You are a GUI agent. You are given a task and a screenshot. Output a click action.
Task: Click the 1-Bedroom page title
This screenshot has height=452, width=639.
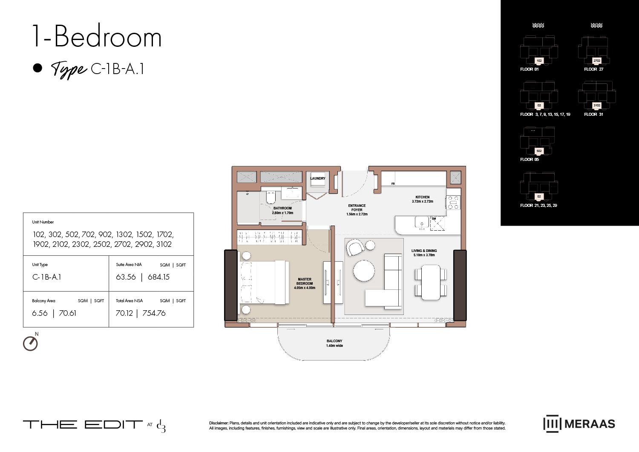point(97,37)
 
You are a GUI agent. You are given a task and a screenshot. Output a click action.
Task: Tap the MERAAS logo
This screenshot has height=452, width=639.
point(579,423)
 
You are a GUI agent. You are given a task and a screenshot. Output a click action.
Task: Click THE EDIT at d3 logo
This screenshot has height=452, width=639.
point(94,425)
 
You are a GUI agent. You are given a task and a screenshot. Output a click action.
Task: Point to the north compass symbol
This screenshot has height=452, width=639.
point(30,343)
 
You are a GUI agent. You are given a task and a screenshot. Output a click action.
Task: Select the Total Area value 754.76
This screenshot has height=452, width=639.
point(154,313)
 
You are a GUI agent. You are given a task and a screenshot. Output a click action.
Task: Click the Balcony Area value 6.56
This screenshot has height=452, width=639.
point(40,313)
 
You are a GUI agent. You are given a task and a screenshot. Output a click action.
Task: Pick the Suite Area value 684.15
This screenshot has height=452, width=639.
point(158,277)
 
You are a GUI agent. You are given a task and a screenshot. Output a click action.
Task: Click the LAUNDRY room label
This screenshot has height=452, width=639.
point(318,178)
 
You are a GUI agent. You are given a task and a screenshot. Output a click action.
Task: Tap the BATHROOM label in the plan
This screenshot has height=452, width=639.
point(282,208)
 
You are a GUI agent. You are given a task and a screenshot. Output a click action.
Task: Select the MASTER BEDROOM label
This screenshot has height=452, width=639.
point(305,281)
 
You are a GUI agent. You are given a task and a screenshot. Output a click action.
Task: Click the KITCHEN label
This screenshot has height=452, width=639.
point(422,197)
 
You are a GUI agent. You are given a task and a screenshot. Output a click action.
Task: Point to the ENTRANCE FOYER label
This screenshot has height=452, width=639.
point(357,208)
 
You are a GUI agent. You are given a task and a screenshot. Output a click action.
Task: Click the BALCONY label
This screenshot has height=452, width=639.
point(334,341)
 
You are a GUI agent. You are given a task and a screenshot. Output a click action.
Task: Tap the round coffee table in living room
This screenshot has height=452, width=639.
point(364,270)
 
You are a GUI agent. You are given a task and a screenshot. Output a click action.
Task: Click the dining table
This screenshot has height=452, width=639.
point(431,282)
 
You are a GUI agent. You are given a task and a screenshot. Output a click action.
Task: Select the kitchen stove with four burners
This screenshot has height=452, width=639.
point(453,203)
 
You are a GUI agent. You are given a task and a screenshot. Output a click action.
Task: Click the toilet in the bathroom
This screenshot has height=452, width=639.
point(271,198)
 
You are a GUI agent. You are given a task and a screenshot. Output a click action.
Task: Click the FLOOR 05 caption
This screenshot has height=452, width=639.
point(530,160)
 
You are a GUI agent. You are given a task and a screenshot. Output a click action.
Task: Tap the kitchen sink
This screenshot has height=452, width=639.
point(422,223)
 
